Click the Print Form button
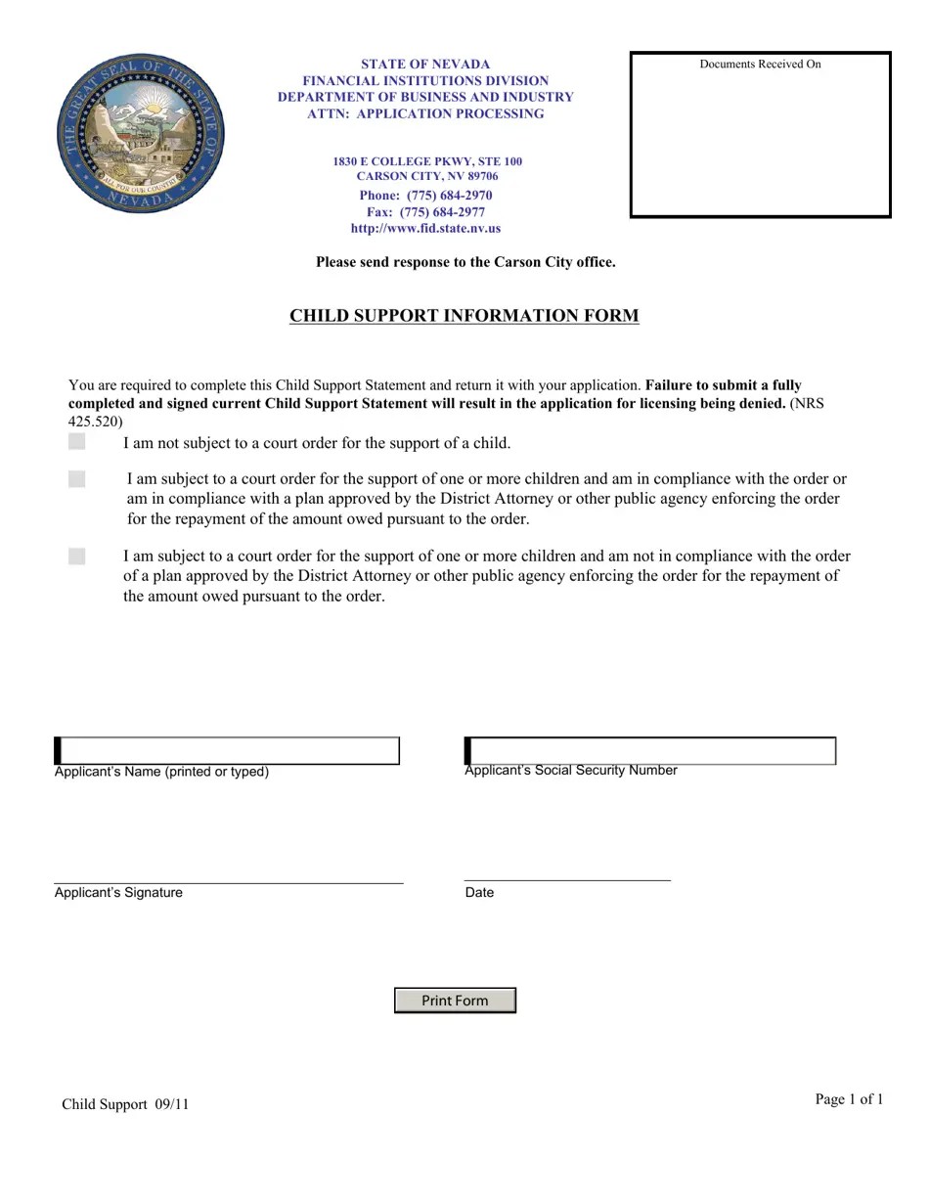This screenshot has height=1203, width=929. pos(455,1000)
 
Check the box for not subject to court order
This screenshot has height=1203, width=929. pos(77,442)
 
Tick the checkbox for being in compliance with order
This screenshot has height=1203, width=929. pos(77,479)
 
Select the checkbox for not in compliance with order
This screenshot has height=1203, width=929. pos(77,557)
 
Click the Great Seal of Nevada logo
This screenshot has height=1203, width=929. pos(141,133)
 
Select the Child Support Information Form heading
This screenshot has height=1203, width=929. pos(464,315)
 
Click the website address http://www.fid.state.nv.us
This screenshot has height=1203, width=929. pos(425,228)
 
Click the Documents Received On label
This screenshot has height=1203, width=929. pos(760,65)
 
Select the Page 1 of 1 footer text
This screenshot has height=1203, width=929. pos(849,1099)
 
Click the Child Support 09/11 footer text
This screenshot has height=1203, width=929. pos(125,1104)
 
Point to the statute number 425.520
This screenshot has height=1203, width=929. pos(95,422)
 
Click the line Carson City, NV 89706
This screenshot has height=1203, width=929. pos(426,176)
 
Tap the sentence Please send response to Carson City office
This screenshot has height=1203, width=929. pos(465,262)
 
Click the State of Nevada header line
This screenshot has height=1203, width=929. pos(425,64)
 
